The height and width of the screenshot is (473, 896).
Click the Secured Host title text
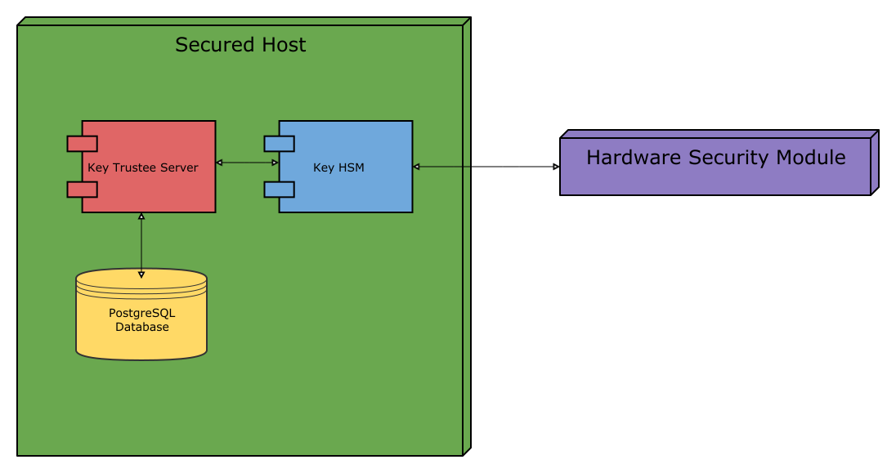point(240,45)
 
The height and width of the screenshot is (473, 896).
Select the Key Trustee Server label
point(143,167)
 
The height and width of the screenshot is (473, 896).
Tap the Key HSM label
point(338,167)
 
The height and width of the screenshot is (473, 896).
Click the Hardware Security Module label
point(715,158)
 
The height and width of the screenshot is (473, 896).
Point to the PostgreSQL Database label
point(142,319)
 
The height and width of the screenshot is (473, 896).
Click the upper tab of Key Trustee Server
point(83,145)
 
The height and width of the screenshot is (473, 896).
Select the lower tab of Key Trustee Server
point(83,190)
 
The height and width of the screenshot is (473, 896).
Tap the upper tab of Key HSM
point(279,145)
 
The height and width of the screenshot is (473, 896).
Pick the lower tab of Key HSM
point(279,190)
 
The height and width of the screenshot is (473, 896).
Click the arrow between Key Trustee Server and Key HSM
point(248,163)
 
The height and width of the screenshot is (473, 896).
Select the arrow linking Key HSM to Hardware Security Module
point(486,167)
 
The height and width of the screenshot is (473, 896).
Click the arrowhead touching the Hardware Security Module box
point(556,167)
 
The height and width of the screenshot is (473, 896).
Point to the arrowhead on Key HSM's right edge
point(416,167)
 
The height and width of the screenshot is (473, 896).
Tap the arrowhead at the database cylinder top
point(141,274)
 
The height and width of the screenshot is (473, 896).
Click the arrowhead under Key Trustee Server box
point(141,216)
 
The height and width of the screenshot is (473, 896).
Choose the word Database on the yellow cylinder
point(142,327)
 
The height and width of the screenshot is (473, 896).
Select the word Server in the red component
point(179,167)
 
